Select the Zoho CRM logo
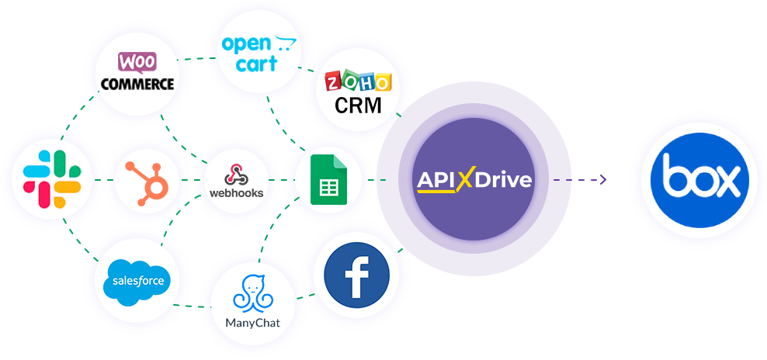(358, 92)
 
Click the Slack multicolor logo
(52, 180)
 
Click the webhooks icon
(236, 181)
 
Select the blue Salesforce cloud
(139, 279)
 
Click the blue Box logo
(699, 180)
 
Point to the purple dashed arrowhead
(602, 180)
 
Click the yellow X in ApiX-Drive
(465, 180)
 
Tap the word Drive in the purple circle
(504, 180)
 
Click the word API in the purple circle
(435, 180)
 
